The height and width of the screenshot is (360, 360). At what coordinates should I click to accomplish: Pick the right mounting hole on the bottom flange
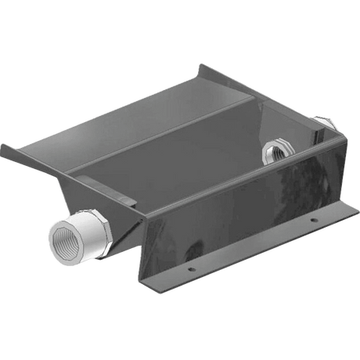[x=311, y=221]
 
